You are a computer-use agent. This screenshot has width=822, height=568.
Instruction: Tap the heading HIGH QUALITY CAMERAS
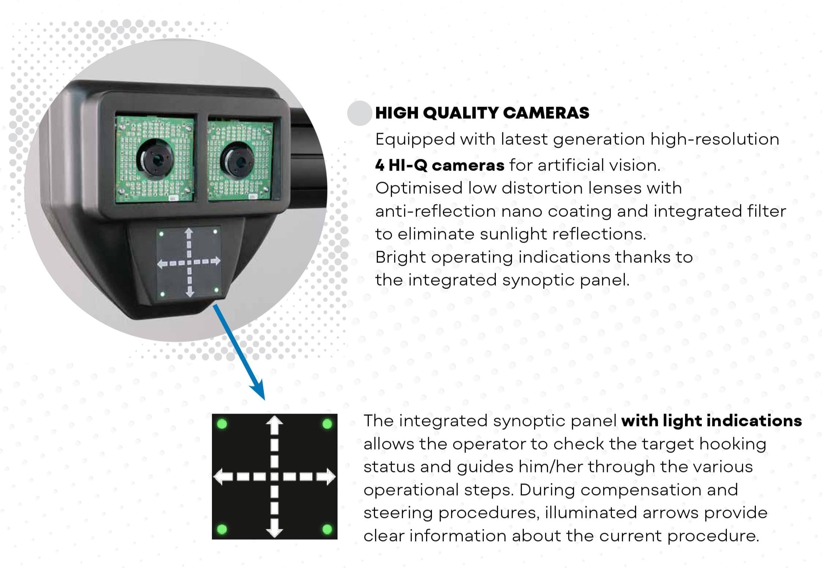[482, 113]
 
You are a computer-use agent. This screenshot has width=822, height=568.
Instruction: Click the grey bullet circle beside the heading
[359, 113]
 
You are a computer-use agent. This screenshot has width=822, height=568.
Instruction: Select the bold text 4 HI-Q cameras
[440, 165]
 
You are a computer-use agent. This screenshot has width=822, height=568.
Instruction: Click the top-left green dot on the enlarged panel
[222, 424]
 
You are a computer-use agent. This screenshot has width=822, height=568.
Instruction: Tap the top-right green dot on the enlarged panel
[327, 424]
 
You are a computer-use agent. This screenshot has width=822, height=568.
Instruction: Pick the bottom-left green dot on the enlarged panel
[222, 529]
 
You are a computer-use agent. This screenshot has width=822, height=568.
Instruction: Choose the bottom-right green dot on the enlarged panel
[327, 529]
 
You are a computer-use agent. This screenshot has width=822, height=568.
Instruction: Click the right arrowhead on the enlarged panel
[329, 477]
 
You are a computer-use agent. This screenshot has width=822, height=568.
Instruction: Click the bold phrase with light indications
[711, 421]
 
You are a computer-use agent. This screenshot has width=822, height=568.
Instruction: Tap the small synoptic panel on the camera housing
[189, 262]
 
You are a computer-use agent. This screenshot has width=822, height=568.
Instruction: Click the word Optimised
[419, 188]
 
